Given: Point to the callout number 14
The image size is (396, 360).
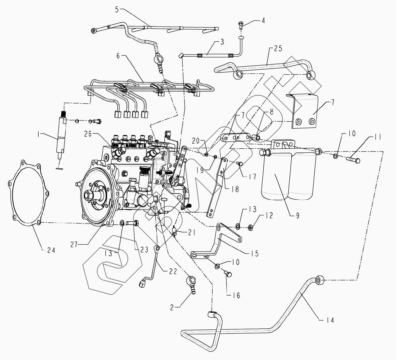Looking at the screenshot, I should (330, 320).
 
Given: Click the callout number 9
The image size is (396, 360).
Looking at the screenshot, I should (298, 216).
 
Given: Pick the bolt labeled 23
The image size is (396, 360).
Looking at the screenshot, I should (131, 224).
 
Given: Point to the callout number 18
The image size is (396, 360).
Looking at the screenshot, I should (235, 189).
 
